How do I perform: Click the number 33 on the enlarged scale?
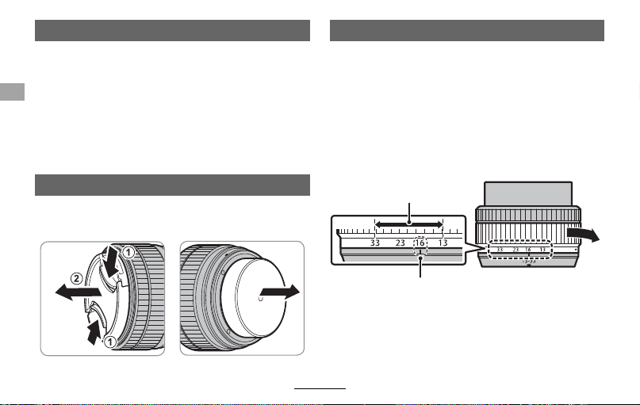pos(374,243)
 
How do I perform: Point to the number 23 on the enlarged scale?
pos(400,243)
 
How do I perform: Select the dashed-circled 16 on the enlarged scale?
pos(420,243)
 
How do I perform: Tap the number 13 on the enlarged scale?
pos(443,243)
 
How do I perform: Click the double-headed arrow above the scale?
pos(409,224)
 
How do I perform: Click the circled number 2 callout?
pos(76,278)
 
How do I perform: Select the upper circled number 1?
pos(128,253)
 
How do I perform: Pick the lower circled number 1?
pos(109,342)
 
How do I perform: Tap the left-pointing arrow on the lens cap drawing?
pos(79,292)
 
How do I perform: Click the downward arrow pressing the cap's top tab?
pos(110,262)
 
